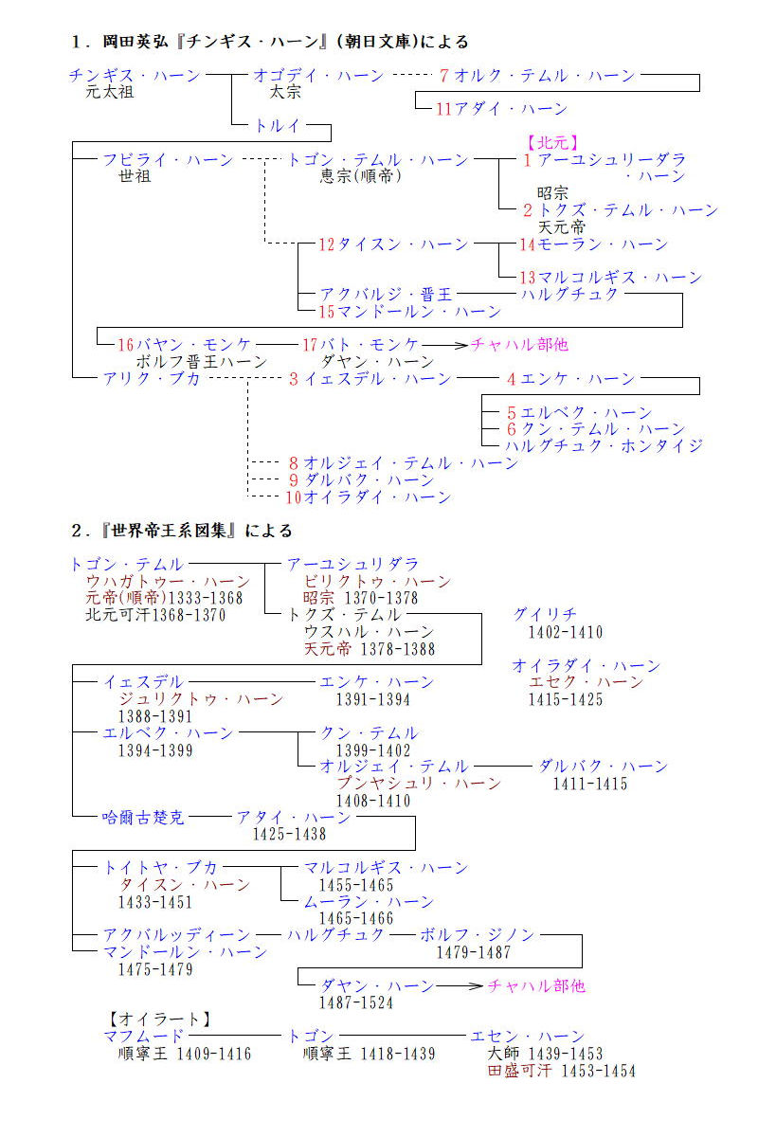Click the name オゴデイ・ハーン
click(x=318, y=76)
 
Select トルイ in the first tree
click(x=277, y=125)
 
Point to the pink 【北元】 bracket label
click(x=550, y=143)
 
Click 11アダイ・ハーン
click(x=501, y=109)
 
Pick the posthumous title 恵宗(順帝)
click(x=360, y=176)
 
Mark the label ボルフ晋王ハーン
click(x=202, y=362)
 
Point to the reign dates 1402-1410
click(x=565, y=632)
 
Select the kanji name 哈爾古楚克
click(x=144, y=818)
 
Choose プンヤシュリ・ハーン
click(x=419, y=784)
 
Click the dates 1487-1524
click(x=355, y=1002)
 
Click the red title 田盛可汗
click(x=519, y=1071)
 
